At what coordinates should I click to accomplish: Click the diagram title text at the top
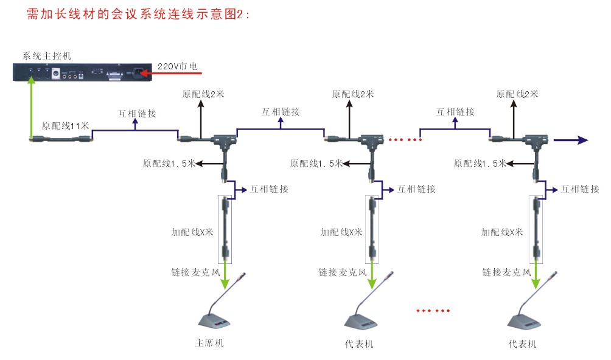(139, 15)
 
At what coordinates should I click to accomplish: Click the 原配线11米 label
(65, 126)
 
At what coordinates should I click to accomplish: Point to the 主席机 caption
(209, 343)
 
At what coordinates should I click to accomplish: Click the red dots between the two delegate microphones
(433, 311)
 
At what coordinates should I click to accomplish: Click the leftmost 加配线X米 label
(192, 232)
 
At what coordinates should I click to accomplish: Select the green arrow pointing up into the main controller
(30, 106)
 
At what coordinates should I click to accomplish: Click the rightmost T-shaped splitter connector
(533, 142)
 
